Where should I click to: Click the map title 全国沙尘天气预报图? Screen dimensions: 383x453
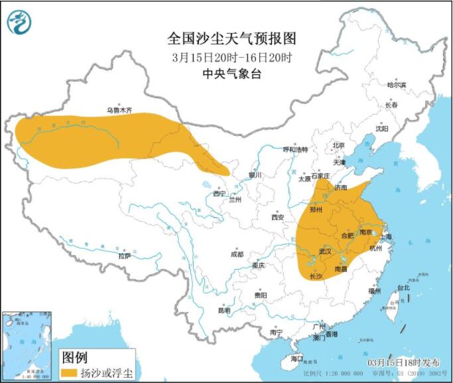coord(231,37)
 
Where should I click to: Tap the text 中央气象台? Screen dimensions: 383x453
coord(231,74)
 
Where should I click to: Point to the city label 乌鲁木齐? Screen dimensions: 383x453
coord(120,110)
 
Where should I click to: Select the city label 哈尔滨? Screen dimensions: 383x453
coord(396,84)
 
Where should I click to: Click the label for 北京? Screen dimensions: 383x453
coord(338,146)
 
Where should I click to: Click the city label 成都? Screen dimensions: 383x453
coord(237,254)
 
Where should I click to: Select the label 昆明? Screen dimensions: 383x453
coord(224,310)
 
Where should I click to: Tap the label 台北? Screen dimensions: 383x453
coord(403,288)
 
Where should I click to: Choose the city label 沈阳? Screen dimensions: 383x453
coord(382,129)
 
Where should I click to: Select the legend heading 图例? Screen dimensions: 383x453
coord(74,357)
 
